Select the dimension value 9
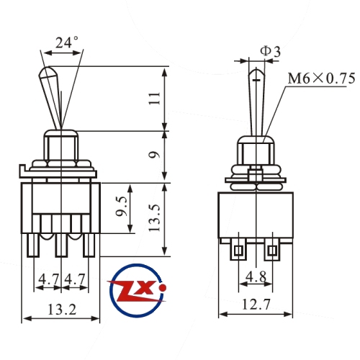pyautogui.click(x=154, y=155)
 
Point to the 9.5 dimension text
pyautogui.click(x=121, y=207)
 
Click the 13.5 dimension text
pyautogui.click(x=154, y=218)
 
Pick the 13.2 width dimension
pyautogui.click(x=62, y=310)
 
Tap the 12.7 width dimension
pyautogui.click(x=256, y=304)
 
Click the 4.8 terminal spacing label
pyautogui.click(x=256, y=276)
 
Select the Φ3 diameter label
pyautogui.click(x=271, y=51)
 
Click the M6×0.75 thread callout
pyautogui.click(x=321, y=78)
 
